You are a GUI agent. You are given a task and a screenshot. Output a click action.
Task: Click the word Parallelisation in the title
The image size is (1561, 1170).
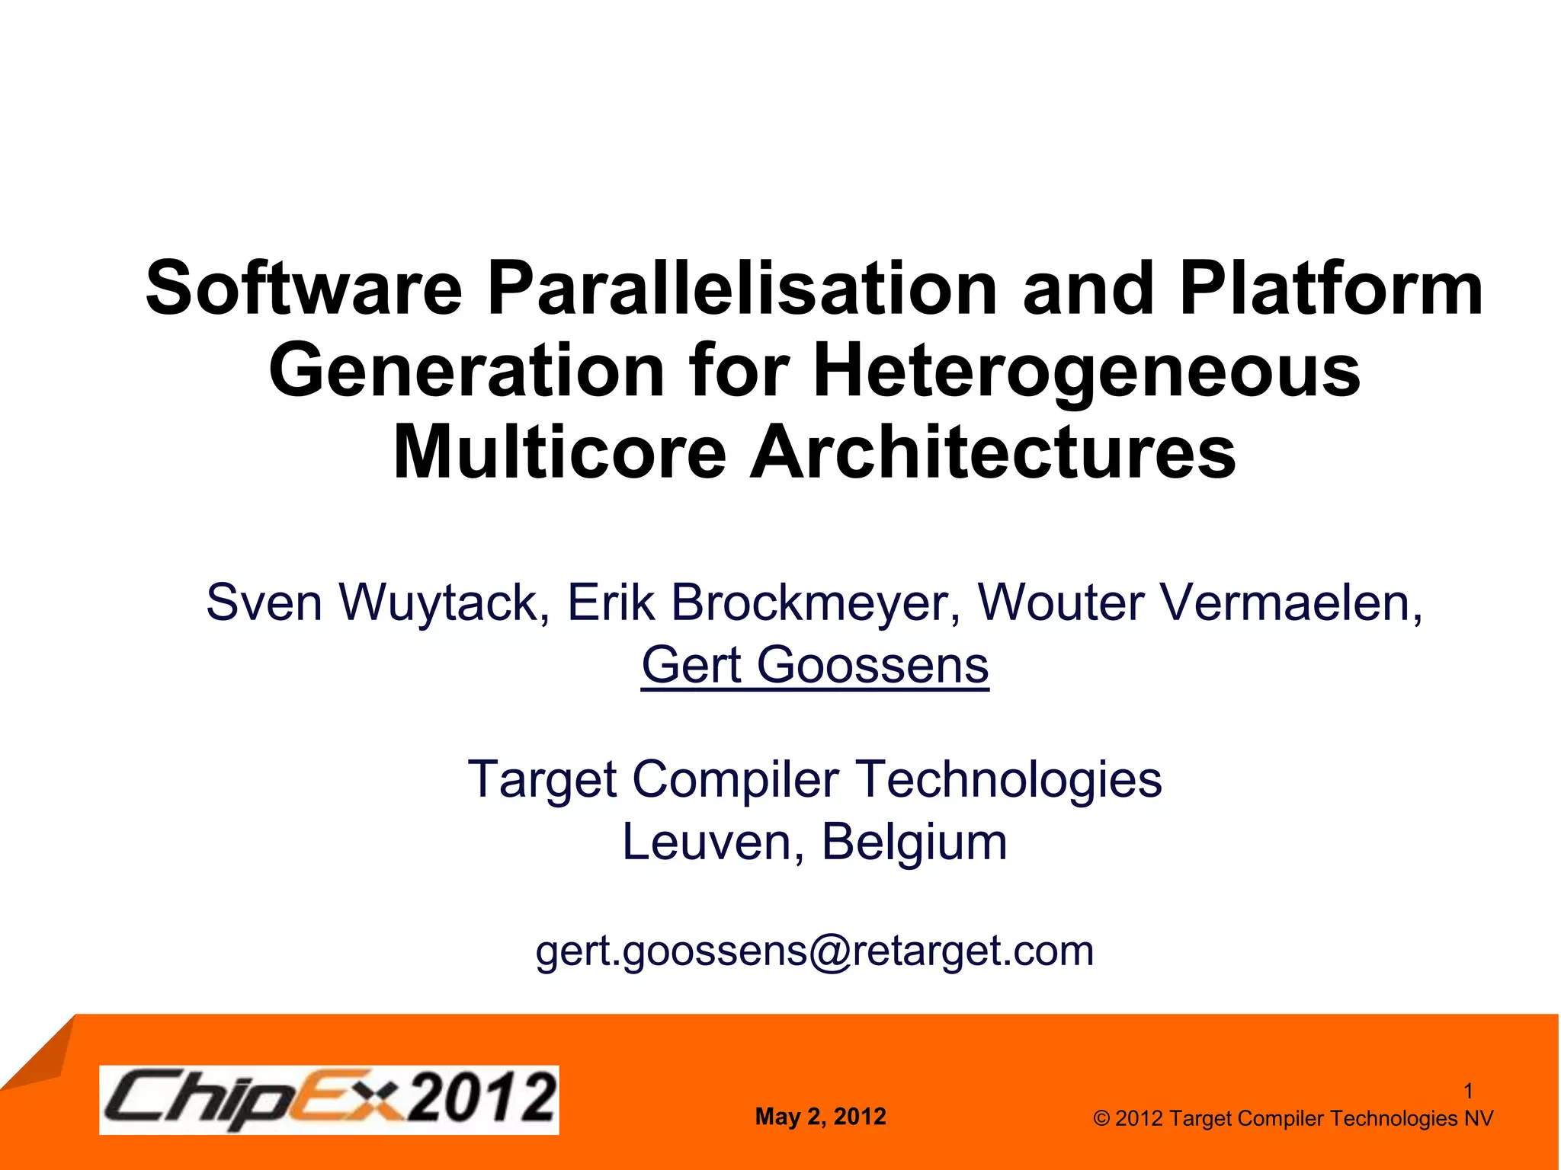[x=742, y=289]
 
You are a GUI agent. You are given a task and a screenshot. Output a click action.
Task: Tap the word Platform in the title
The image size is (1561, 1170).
[x=1331, y=289]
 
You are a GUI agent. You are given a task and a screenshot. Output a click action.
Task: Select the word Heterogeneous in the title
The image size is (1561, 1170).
[x=1087, y=371]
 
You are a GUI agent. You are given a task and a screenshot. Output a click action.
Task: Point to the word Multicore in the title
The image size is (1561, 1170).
[x=560, y=452]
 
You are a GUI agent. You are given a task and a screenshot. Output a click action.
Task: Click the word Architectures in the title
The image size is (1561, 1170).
[x=992, y=452]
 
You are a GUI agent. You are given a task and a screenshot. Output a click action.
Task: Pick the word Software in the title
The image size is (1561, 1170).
[x=304, y=289]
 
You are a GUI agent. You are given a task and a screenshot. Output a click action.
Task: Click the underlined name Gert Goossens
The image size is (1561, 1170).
[x=815, y=666]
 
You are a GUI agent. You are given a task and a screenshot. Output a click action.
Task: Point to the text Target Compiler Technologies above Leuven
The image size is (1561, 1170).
[x=815, y=780]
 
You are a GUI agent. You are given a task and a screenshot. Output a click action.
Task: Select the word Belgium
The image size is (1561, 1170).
[x=914, y=842]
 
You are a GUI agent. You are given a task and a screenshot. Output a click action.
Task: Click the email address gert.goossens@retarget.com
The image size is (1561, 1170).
[x=815, y=951]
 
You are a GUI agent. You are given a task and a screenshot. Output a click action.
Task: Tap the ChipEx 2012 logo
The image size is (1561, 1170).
[x=329, y=1099]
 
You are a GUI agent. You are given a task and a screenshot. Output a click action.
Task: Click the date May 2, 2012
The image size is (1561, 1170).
[x=820, y=1117]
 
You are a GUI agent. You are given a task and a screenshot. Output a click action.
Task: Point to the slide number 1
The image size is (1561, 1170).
[x=1468, y=1092]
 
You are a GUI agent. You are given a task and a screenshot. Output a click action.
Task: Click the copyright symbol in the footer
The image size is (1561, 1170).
[x=1101, y=1119]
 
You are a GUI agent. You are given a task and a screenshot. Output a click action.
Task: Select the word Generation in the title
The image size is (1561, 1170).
[x=466, y=371]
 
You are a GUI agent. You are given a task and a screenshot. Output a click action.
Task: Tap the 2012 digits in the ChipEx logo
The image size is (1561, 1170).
[x=481, y=1098]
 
